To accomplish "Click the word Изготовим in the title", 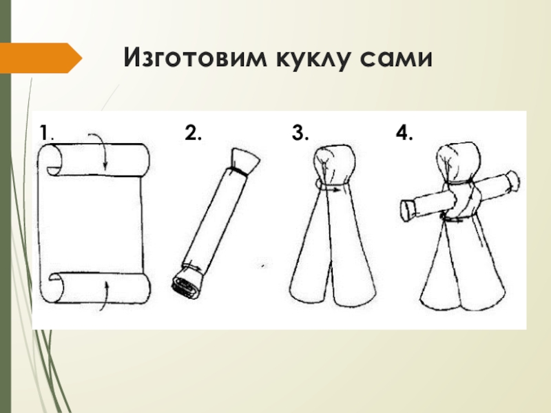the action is click(195, 58).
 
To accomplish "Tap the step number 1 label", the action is click(45, 133).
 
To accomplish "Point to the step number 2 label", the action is click(194, 133).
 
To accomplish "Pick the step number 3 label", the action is click(300, 133).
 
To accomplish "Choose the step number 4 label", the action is click(404, 133).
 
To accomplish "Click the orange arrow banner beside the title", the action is click(41, 58).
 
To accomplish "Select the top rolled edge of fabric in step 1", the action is click(95, 159).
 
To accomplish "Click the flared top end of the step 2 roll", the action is click(245, 161).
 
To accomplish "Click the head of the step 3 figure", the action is click(335, 165).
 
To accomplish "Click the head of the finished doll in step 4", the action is click(458, 162).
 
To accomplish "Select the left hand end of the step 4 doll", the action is click(408, 211).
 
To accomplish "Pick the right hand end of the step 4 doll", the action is click(513, 181).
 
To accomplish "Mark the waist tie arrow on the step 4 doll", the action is click(453, 220).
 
